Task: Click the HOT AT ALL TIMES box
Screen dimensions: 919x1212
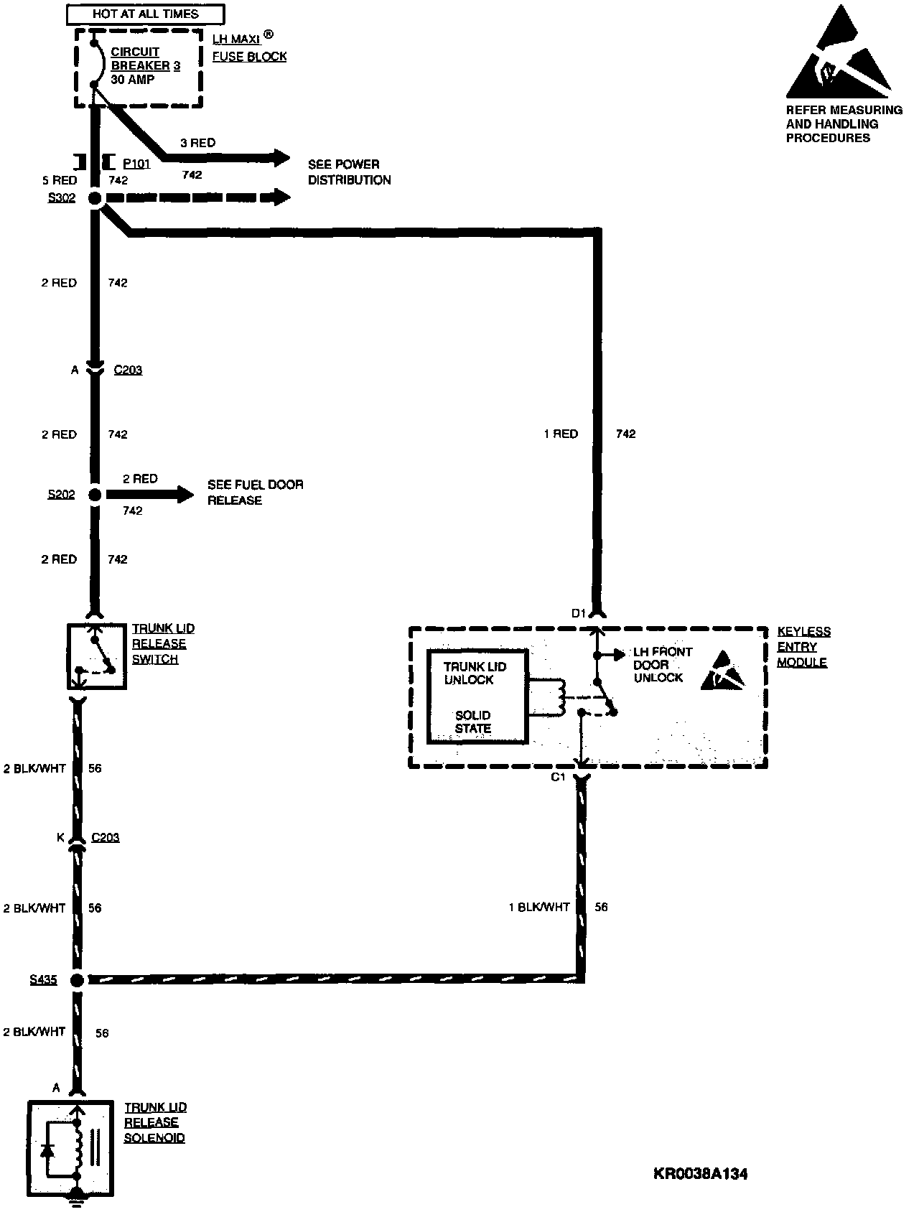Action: point(146,14)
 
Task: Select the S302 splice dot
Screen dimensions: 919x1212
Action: point(95,198)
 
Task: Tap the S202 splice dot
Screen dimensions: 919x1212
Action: point(95,494)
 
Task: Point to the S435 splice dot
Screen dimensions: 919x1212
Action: point(77,979)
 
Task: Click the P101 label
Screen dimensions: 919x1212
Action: point(136,164)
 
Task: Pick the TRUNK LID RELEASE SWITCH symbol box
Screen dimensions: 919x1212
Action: point(97,656)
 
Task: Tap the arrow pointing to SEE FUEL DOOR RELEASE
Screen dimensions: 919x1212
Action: point(150,494)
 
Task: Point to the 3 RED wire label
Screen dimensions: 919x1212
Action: point(197,143)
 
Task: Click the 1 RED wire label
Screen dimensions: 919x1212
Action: point(561,434)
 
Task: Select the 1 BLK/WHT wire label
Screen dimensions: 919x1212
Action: point(538,907)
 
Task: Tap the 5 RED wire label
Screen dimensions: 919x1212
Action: point(60,180)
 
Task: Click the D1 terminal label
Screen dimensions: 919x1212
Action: point(579,613)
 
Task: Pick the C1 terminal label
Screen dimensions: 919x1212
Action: point(559,777)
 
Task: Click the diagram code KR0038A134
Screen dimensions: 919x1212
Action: point(701,1175)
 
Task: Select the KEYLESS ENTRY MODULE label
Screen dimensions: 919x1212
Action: point(804,647)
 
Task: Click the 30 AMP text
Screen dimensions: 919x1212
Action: point(133,79)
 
